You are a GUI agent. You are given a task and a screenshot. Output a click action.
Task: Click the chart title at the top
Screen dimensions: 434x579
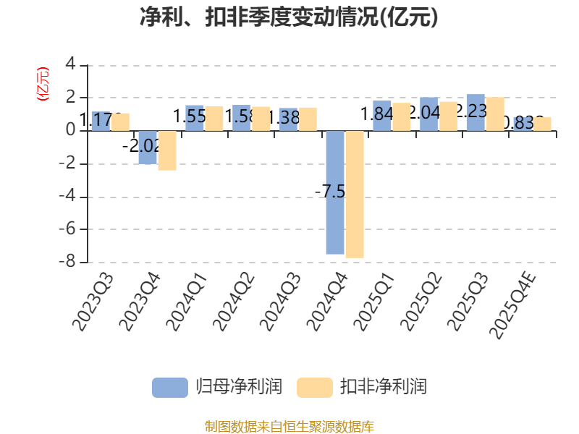pyautogui.click(x=289, y=17)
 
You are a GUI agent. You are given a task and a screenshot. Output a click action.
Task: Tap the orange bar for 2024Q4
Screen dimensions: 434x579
pyautogui.click(x=355, y=194)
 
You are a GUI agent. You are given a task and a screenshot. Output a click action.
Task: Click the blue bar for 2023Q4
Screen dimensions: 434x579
pyautogui.click(x=148, y=148)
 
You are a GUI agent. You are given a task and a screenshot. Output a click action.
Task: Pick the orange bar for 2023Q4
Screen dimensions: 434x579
pyautogui.click(x=167, y=150)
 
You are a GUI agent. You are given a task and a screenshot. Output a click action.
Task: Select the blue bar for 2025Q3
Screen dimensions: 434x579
pyautogui.click(x=476, y=113)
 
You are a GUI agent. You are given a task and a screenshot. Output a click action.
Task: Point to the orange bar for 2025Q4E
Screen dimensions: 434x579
pyautogui.click(x=542, y=124)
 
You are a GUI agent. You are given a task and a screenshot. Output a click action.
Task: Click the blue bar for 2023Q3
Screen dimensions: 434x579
pyautogui.click(x=101, y=121)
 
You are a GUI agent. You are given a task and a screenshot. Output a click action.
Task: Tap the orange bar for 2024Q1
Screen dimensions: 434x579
pyautogui.click(x=214, y=119)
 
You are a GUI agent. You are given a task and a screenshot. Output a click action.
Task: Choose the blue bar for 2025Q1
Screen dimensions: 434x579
pyautogui.click(x=382, y=116)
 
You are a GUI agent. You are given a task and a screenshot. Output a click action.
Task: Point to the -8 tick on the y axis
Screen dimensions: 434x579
pyautogui.click(x=69, y=262)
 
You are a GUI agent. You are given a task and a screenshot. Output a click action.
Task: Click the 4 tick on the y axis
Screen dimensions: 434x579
pyautogui.click(x=70, y=64)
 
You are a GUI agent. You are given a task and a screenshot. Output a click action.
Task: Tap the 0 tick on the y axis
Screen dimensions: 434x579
pyautogui.click(x=70, y=130)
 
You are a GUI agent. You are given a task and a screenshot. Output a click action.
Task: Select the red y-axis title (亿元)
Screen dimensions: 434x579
pyautogui.click(x=43, y=84)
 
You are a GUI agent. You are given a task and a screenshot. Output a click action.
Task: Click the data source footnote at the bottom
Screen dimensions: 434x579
pyautogui.click(x=289, y=426)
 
